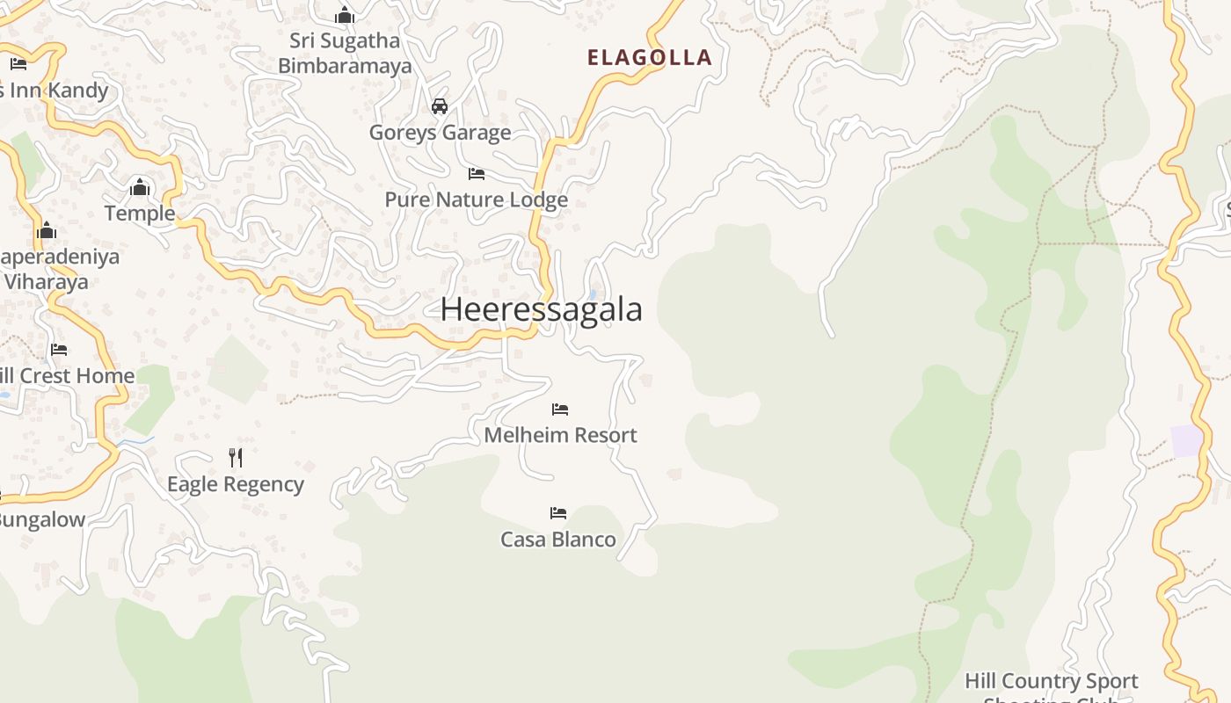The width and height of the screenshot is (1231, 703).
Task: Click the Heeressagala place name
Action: pos(541,309)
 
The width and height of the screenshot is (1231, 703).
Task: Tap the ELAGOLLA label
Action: pos(649,58)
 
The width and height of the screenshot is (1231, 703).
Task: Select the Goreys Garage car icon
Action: pos(440,106)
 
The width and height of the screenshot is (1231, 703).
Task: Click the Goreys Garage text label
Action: pos(440,133)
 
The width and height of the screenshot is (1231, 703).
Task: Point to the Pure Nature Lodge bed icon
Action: pos(477,174)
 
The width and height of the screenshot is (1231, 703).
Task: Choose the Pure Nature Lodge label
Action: pos(476,200)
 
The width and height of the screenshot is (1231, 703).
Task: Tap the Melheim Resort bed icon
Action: pos(560,409)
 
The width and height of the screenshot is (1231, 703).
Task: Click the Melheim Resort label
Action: pos(560,435)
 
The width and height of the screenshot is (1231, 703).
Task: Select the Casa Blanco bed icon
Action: pos(558,513)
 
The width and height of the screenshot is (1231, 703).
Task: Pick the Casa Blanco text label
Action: pos(558,540)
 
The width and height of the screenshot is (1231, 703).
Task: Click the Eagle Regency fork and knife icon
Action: pos(236,458)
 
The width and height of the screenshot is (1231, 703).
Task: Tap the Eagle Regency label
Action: pos(236,484)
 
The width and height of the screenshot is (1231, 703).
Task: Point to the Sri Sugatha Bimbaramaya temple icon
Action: pos(345,15)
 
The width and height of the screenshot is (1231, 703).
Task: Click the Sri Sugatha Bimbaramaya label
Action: pos(345,54)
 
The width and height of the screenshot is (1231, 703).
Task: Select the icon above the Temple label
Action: pos(140,187)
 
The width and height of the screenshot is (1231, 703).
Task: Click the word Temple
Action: pos(140,214)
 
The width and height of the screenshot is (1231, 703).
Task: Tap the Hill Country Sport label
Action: pos(1051,681)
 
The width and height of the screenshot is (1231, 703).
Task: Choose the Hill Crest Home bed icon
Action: pos(59,350)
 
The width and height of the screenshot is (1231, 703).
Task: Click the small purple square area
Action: pos(1186,441)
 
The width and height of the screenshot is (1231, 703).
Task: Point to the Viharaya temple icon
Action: pos(47,232)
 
